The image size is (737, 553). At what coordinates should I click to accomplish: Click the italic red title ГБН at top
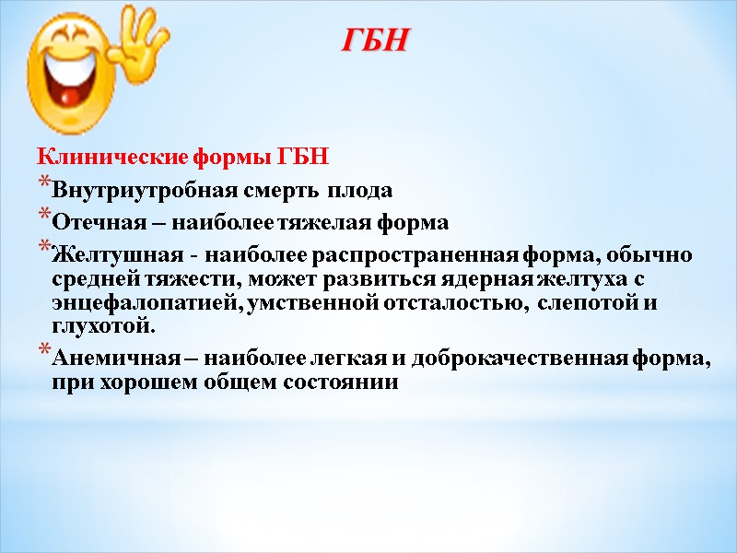(375, 41)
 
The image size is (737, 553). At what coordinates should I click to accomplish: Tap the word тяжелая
(347, 223)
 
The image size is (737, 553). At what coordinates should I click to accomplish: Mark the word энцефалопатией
(128, 302)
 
